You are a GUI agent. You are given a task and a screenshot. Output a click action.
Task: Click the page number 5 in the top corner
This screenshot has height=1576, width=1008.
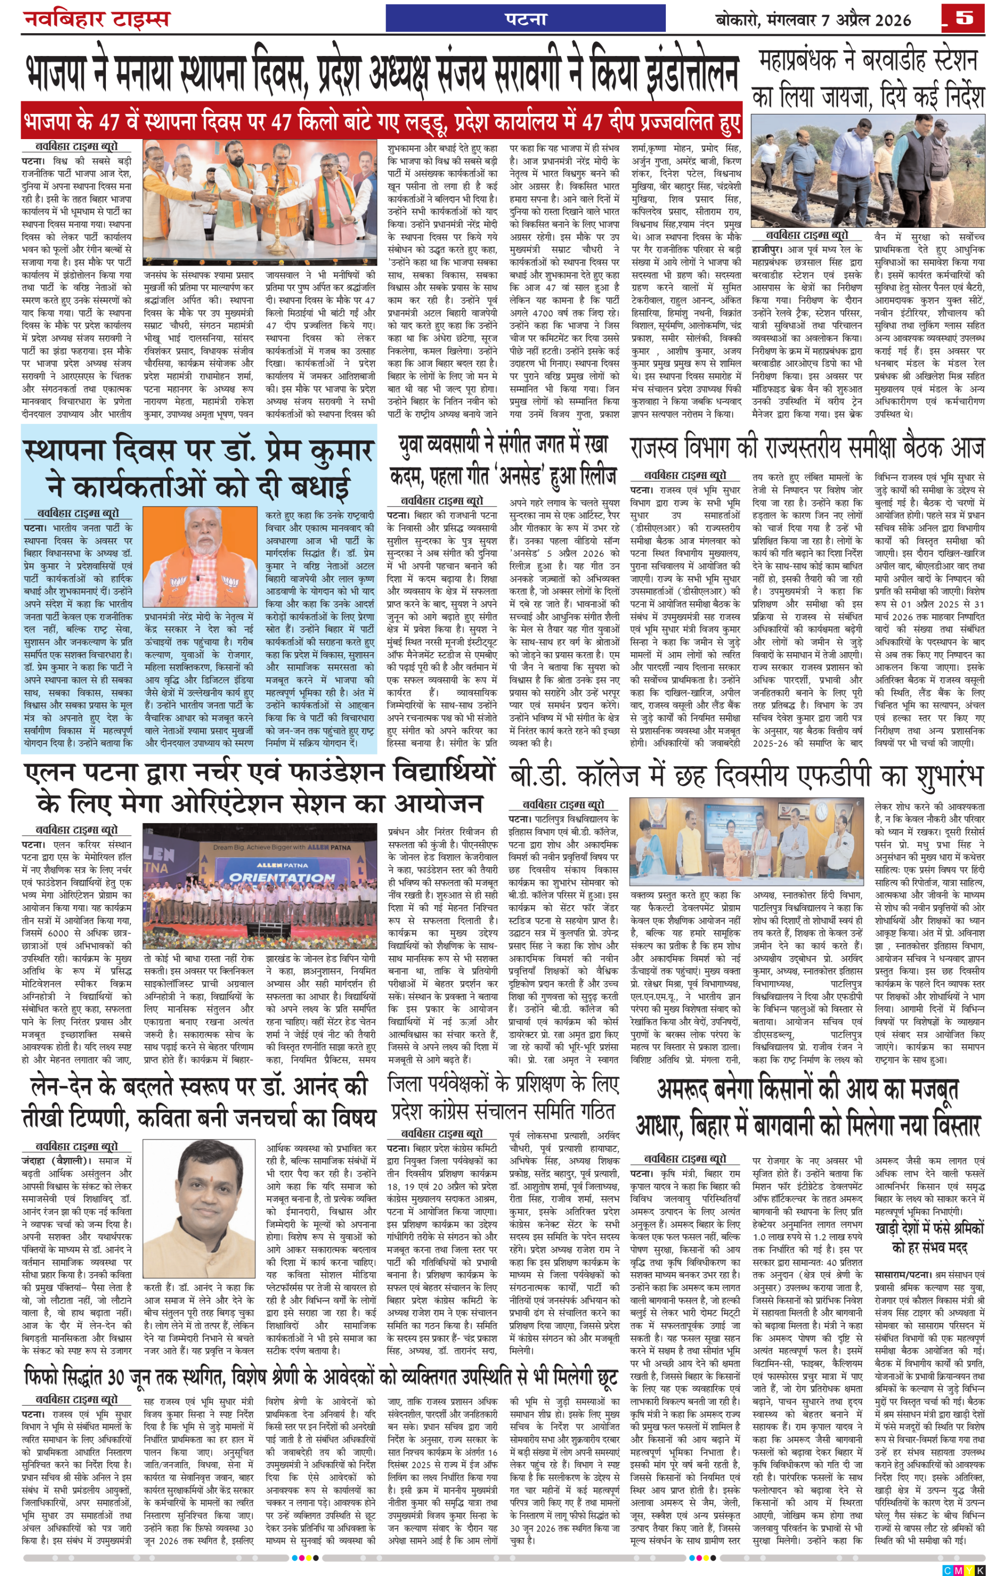[964, 18]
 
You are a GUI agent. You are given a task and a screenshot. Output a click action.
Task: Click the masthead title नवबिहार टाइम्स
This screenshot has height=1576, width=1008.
[97, 18]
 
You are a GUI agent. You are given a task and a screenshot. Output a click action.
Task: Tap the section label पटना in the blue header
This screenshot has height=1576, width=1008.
[526, 18]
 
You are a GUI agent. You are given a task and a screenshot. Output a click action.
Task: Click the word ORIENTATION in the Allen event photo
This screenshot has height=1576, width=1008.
[282, 877]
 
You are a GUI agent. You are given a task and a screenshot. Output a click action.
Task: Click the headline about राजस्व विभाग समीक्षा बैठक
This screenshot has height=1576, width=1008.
[807, 449]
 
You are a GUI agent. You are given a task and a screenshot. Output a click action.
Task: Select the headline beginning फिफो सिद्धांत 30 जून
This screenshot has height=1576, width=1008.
[321, 1377]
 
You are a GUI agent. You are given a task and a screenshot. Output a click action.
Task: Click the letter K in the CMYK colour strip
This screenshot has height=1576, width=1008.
[980, 1570]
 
